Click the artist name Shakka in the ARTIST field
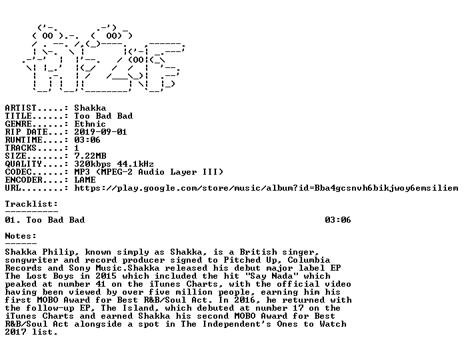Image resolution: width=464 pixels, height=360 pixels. click(x=90, y=108)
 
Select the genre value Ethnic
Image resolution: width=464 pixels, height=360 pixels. click(x=90, y=123)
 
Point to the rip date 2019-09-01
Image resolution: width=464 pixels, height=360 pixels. click(x=101, y=131)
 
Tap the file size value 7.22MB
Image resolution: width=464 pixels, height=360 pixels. click(x=90, y=155)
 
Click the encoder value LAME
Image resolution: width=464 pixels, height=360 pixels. click(x=85, y=179)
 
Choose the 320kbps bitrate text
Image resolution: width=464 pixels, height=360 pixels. click(x=93, y=164)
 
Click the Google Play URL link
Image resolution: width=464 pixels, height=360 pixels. click(x=266, y=188)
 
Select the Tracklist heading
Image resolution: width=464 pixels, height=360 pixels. click(x=31, y=204)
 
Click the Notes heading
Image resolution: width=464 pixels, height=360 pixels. click(x=21, y=236)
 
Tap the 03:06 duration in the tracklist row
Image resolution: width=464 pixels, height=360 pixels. click(x=338, y=220)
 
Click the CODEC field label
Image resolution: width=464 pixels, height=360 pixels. click(x=19, y=171)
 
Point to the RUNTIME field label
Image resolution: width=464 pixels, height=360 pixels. click(x=24, y=139)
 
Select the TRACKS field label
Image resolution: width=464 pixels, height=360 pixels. click(x=21, y=147)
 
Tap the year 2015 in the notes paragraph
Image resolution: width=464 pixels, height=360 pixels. click(x=106, y=276)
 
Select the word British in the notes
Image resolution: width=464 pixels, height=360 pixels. click(x=259, y=252)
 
